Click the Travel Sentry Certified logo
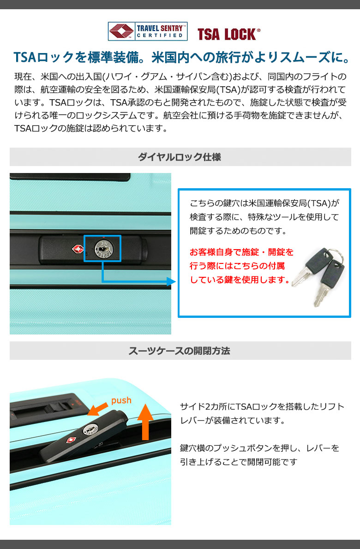pos(147,31)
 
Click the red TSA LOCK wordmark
pos(228,34)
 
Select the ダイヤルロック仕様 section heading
pos(180,157)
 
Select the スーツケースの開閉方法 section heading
pos(179,351)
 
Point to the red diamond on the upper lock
pos(78,249)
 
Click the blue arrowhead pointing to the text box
pos(171,281)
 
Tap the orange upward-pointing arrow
pos(145,422)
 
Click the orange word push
pos(121,400)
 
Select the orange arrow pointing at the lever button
pos(97,409)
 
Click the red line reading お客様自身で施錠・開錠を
pos(242,252)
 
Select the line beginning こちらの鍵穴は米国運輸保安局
pos(264,203)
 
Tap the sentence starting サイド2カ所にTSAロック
pos(262,407)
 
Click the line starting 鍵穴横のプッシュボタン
pos(259,448)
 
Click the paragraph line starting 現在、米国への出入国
pos(180,77)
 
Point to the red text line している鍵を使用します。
pos(240,280)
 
